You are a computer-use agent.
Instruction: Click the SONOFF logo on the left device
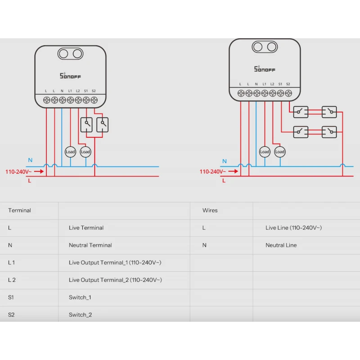(x=71, y=76)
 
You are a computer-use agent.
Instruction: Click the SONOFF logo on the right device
(x=265, y=69)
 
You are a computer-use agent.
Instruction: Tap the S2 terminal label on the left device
(x=94, y=91)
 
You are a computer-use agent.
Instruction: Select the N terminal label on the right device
(x=256, y=84)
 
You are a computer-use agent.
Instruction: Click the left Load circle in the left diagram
(x=70, y=152)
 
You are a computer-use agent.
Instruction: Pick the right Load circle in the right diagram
(x=280, y=152)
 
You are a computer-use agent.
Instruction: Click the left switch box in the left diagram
(x=86, y=125)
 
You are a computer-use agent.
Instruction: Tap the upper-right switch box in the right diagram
(x=329, y=111)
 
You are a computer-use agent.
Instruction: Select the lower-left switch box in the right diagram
(x=301, y=131)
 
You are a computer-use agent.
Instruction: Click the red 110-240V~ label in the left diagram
(x=18, y=171)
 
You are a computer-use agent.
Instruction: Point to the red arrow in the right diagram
(x=233, y=171)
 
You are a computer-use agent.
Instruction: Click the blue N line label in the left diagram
(x=30, y=160)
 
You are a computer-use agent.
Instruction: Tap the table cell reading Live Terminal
(x=86, y=228)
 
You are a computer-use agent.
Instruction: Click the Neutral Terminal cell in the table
(x=90, y=245)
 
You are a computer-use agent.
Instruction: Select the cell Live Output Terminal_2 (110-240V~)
(x=115, y=280)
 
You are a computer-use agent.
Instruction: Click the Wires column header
(x=210, y=210)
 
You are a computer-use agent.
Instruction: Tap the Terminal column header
(x=19, y=210)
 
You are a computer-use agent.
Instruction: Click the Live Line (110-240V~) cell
(x=293, y=228)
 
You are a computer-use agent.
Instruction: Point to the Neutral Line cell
(x=281, y=245)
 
